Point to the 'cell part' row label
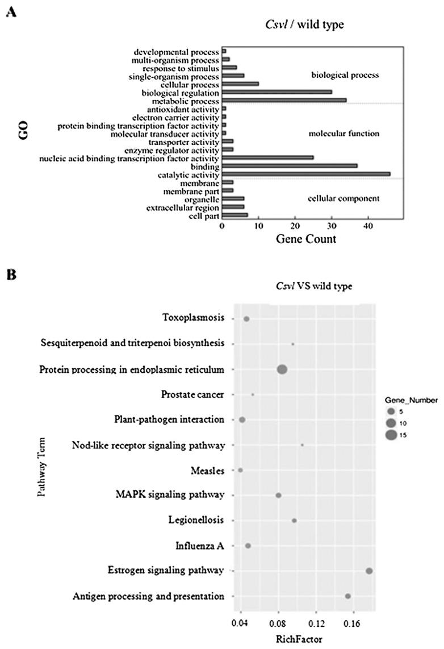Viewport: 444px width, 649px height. pos(204,216)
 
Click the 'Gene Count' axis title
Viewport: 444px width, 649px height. pos(306,239)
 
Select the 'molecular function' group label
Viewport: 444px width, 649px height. pos(344,134)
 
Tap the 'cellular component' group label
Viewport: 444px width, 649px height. pos(344,198)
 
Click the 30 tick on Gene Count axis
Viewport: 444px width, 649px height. pos(332,226)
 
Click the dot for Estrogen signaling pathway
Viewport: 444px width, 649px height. pos(369,571)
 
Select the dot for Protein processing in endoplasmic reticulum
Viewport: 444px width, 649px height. pos(282,369)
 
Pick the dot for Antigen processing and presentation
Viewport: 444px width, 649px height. pos(348,596)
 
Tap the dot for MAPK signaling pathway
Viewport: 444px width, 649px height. pos(278,496)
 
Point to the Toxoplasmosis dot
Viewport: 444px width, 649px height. pos(246,319)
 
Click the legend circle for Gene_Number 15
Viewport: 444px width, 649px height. pos(391,435)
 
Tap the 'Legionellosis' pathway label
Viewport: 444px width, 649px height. pos(196,521)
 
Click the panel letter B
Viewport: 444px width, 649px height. pos(10,274)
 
